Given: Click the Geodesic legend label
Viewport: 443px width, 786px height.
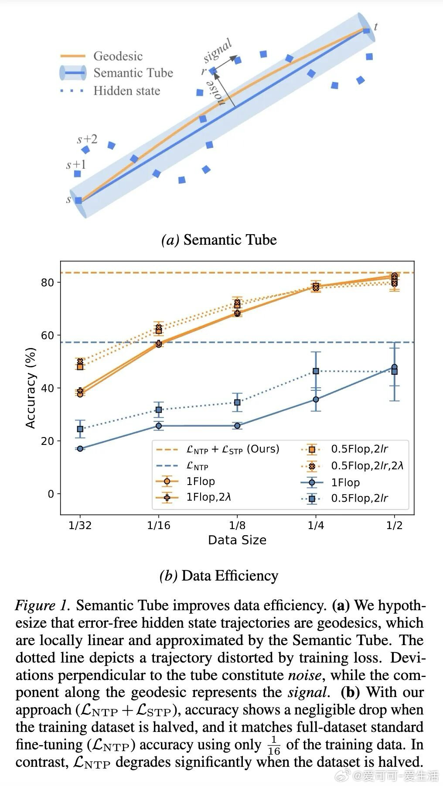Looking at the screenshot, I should click(118, 56).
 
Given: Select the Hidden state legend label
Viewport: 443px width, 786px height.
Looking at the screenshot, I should click(126, 91).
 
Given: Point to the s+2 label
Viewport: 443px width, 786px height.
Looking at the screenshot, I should click(87, 139).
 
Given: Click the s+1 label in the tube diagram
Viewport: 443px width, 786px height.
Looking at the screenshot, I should click(76, 164).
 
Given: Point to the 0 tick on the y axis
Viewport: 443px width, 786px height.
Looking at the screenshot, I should click(51, 494).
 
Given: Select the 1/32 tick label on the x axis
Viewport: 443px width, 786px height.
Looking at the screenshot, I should click(80, 525).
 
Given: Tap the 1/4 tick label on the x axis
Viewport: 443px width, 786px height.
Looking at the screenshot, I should click(316, 525).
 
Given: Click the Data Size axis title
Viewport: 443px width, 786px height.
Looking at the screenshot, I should click(237, 540).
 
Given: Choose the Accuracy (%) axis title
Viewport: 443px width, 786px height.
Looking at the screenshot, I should click(30, 388).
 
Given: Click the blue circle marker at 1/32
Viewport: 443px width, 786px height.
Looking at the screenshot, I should click(80, 448).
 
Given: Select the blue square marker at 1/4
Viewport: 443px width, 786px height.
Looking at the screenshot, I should click(316, 371).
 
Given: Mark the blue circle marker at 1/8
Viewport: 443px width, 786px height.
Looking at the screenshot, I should click(237, 426).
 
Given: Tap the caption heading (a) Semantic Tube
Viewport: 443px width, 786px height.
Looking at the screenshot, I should click(219, 239).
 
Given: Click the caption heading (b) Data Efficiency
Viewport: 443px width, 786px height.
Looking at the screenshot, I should click(219, 576).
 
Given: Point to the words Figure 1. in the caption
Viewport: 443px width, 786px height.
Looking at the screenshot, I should click(42, 605).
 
